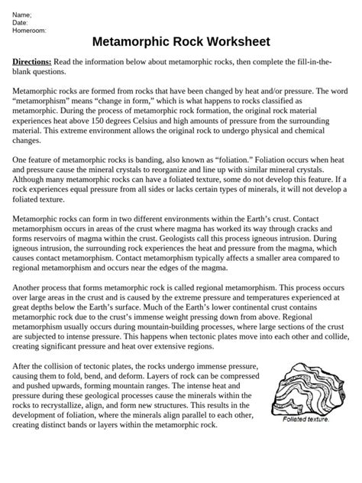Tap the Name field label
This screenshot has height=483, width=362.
point(22,15)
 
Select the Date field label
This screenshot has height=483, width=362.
point(21,22)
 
